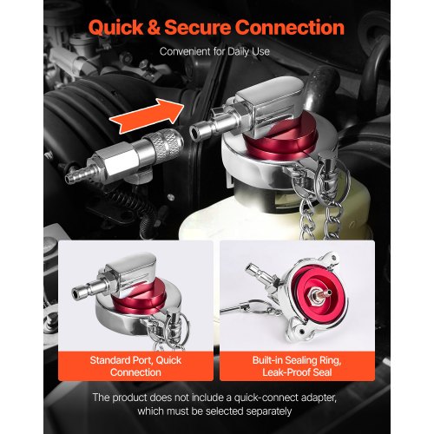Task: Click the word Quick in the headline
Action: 116,28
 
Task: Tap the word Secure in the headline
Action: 198,28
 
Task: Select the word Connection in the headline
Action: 289,28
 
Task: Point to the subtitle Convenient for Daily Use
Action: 214,51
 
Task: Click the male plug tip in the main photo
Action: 202,128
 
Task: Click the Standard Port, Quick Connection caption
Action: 135,366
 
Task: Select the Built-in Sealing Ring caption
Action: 297,360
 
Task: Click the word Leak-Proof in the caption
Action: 282,372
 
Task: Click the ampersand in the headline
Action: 154,28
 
